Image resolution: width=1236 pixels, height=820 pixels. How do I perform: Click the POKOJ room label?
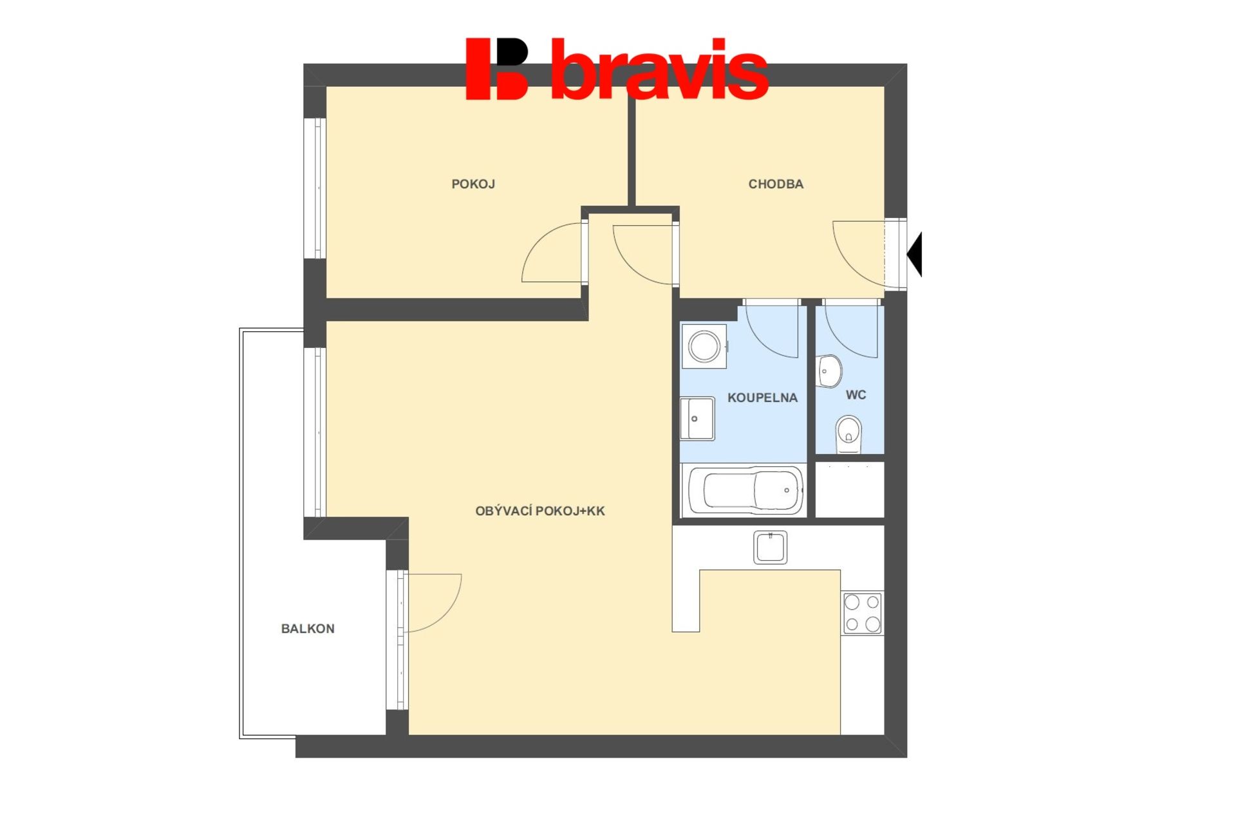point(473,184)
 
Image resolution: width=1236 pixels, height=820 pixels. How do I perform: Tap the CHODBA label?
point(776,184)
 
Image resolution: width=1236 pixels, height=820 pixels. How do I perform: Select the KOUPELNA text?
point(762,397)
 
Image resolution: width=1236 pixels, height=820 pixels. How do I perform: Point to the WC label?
point(856,395)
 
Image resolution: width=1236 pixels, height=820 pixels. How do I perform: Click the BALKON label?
point(308,628)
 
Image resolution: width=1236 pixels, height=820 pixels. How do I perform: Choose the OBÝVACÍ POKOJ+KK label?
point(540,511)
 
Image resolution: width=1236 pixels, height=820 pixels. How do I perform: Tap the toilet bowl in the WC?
point(848,434)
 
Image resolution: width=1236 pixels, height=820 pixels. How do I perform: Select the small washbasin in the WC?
point(829,371)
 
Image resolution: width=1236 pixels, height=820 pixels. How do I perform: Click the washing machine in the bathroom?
point(704,346)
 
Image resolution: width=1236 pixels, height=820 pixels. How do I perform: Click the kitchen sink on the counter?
point(770,547)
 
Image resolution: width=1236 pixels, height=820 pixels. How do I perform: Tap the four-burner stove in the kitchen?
point(863,613)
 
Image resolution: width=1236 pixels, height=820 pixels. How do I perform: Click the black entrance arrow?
point(915,254)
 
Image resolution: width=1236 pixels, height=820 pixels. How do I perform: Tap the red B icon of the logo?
point(497,69)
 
